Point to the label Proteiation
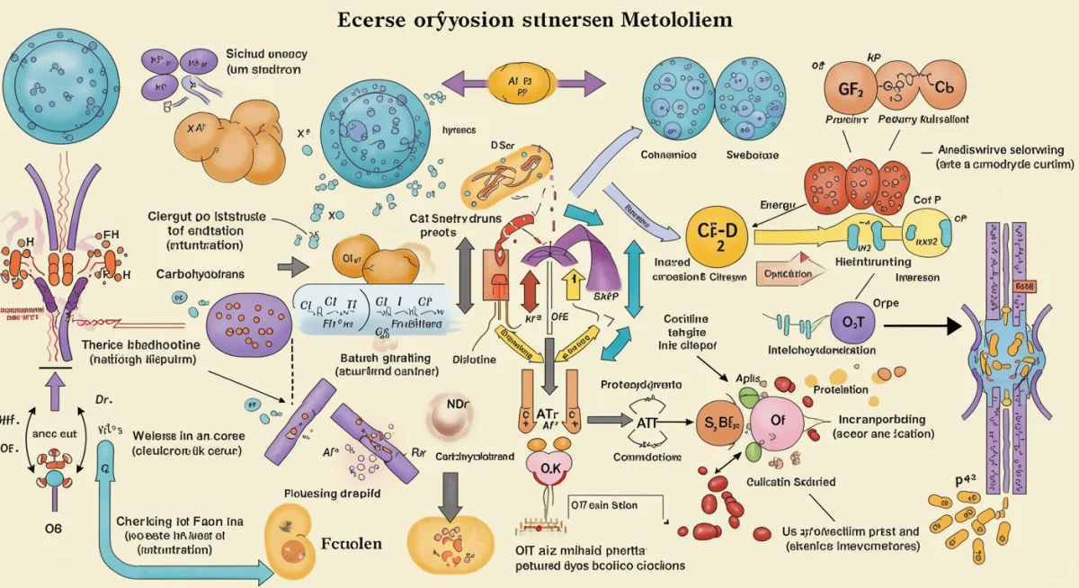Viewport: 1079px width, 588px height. (840, 389)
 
